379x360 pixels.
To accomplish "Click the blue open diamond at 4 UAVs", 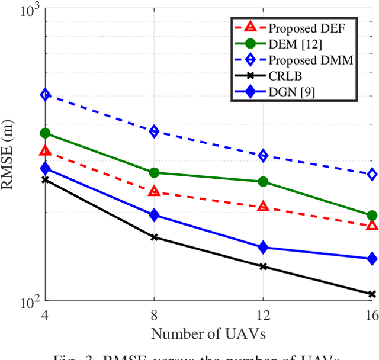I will coord(46,95).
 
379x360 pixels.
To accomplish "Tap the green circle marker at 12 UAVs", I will coord(263,182).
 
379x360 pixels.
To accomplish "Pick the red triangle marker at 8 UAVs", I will coord(155,191).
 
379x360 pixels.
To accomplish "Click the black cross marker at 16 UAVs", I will coord(372,294).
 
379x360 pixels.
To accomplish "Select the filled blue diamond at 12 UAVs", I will coord(263,247).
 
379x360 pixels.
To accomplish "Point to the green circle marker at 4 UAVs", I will coord(46,133).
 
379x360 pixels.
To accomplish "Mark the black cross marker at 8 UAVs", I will coord(155,237).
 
